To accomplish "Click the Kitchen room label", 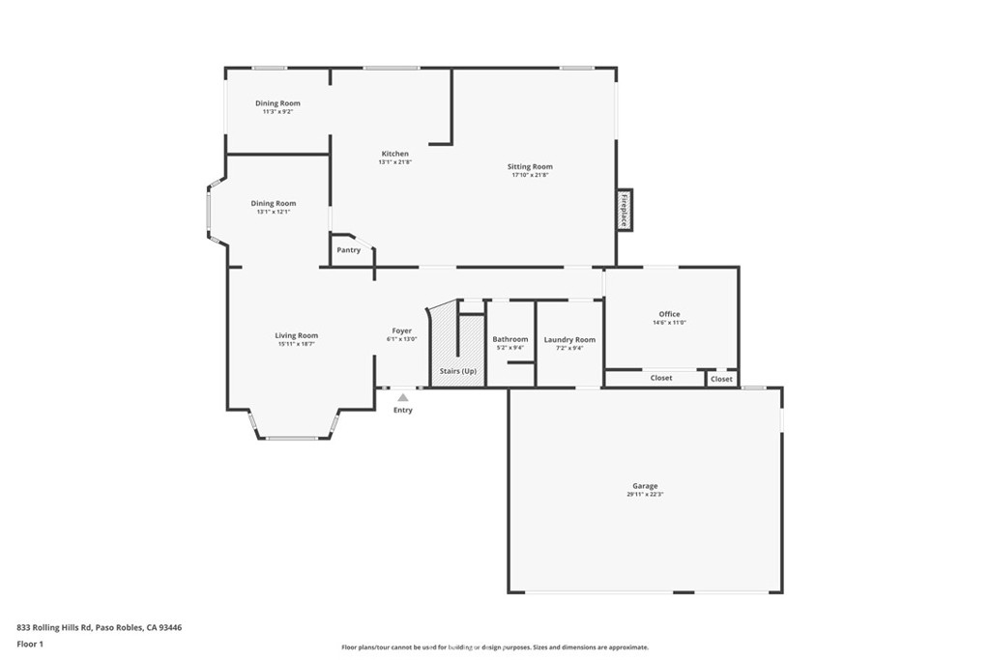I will click(394, 154).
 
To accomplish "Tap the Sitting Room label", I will click(530, 167).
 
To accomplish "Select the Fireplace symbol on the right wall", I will click(625, 210).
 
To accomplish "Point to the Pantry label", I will click(348, 250).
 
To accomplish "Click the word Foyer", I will click(402, 330).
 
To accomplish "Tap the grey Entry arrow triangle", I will click(403, 396).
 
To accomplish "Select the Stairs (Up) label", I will click(457, 371).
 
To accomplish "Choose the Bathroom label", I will click(510, 339).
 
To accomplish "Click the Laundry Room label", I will click(569, 339).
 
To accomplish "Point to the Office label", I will click(669, 314).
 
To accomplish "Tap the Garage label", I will click(645, 486).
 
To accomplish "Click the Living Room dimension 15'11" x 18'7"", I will click(296, 344).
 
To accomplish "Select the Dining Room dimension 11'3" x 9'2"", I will click(277, 112).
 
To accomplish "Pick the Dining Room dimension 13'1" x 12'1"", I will click(273, 212).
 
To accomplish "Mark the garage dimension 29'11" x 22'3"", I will click(645, 495).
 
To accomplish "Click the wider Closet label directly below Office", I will click(661, 378).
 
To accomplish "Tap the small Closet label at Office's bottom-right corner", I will click(721, 379).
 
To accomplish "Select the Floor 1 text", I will click(31, 643).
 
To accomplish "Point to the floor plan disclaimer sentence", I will click(494, 647).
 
